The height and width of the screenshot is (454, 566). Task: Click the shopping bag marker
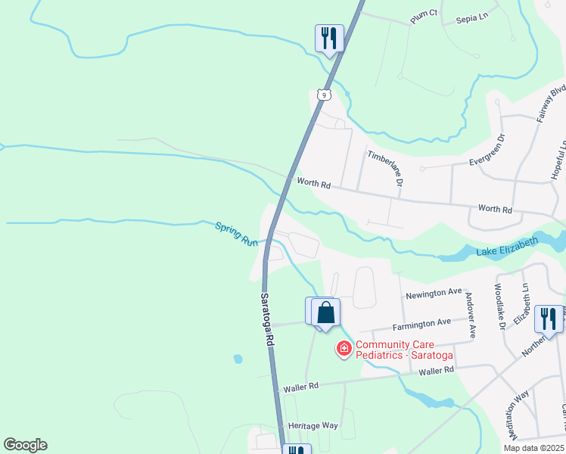click(x=325, y=313)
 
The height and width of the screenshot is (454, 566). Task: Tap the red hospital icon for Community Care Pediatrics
click(x=343, y=349)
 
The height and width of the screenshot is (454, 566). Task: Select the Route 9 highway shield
click(x=323, y=95)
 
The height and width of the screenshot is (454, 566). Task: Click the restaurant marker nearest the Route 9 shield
click(x=329, y=37)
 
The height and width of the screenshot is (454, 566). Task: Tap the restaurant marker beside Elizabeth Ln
click(x=548, y=318)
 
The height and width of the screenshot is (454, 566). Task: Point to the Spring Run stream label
click(x=237, y=232)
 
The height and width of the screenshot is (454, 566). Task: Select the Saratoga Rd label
click(x=267, y=320)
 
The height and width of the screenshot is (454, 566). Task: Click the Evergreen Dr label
click(x=492, y=151)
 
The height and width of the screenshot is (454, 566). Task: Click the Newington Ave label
click(x=434, y=292)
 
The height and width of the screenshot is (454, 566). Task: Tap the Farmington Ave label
click(x=424, y=324)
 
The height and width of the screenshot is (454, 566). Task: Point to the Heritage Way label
click(x=313, y=426)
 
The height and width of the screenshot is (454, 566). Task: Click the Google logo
click(x=25, y=445)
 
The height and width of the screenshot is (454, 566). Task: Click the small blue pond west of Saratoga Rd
click(x=238, y=358)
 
